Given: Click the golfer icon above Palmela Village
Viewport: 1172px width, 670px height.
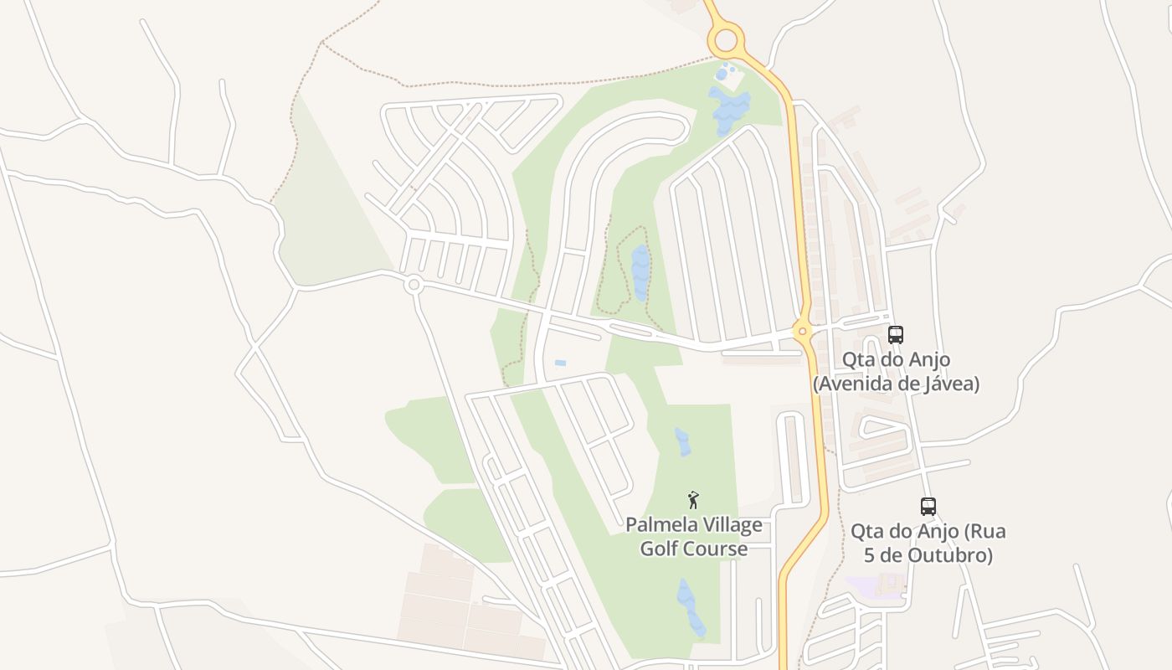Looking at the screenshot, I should pos(693,501).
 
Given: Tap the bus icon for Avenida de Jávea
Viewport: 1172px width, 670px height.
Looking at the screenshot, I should pos(896,335).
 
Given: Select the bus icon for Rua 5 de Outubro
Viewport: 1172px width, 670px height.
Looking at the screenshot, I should pos(928,507).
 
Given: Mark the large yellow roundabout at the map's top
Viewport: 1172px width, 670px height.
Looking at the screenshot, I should pos(725,39).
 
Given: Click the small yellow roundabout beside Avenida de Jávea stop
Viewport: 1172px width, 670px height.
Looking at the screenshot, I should pos(803,331).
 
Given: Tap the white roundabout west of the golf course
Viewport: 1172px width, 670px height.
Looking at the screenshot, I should pos(413,285).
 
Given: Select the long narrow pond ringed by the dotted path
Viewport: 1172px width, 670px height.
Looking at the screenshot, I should pos(640,272).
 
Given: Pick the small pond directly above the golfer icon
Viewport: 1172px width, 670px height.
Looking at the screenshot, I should pos(683,441).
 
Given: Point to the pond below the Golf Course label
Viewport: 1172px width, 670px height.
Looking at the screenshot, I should pos(691,606).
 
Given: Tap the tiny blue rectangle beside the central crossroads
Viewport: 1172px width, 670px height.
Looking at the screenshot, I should pos(560,363).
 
